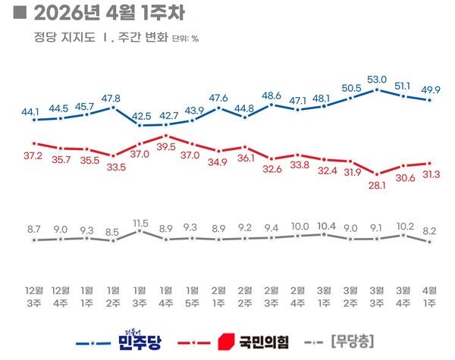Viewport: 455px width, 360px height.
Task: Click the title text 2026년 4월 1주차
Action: coord(107,13)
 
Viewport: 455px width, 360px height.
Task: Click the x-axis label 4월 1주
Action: coord(430,296)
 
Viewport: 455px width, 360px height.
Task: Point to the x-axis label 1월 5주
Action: coord(193,296)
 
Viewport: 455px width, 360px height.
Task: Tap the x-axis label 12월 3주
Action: coord(34,296)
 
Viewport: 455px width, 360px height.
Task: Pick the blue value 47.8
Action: coord(114,99)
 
